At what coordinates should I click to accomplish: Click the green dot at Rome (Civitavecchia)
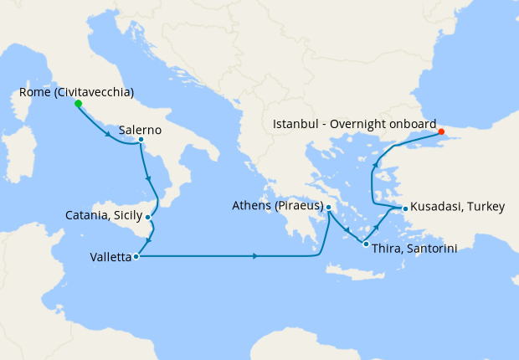point(78,104)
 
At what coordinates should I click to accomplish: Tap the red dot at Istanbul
point(441,131)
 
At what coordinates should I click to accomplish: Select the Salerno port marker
point(141,140)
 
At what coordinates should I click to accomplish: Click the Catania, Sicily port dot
point(147,217)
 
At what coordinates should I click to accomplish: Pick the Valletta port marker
point(135,256)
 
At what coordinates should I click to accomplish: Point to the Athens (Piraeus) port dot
point(328,207)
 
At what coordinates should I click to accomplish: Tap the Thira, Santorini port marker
point(366,244)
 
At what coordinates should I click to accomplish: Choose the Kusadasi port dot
point(405,208)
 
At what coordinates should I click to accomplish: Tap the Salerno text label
point(141,131)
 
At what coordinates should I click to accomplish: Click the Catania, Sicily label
point(104,215)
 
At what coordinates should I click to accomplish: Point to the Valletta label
point(110,258)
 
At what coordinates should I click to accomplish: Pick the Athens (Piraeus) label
point(277,205)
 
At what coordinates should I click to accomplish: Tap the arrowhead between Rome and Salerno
point(110,134)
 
